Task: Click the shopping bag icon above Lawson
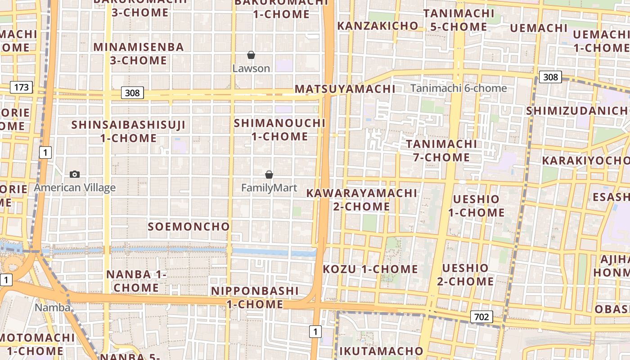251,55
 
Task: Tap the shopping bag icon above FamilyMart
269,174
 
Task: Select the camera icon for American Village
75,174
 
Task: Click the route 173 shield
22,87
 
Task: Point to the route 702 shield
481,317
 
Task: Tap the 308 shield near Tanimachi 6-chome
550,77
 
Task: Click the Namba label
53,308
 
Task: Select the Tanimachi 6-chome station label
459,88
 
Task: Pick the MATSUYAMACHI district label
345,89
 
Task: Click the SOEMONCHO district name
189,226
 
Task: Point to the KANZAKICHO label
378,26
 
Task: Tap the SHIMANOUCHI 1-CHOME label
279,130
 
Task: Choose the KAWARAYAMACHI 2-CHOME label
362,200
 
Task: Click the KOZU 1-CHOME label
370,269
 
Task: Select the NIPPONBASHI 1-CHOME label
255,297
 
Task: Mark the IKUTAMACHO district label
381,351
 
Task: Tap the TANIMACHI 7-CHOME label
441,151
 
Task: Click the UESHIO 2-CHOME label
465,275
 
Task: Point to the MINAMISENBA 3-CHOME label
139,54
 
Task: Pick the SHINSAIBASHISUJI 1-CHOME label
128,131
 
